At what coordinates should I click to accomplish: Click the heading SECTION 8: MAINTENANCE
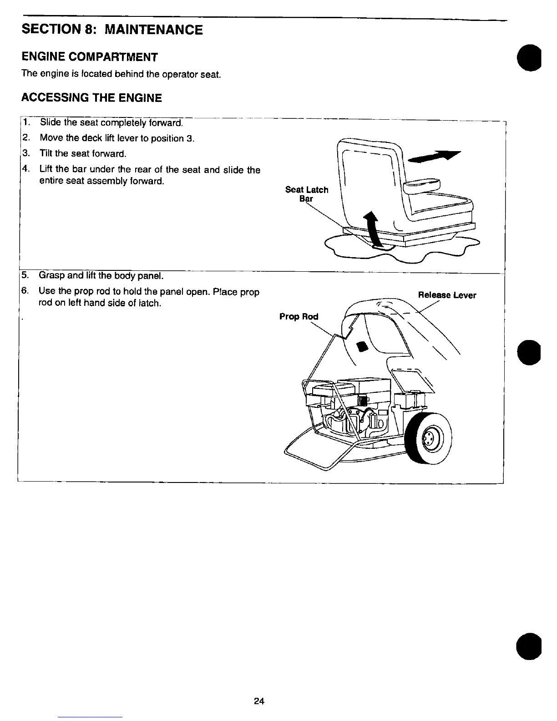coord(112,30)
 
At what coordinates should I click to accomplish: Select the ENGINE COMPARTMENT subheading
coord(90,57)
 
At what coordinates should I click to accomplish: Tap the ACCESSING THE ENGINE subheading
coord(91,98)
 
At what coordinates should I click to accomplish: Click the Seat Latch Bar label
coord(306,194)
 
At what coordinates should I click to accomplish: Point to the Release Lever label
coord(447,295)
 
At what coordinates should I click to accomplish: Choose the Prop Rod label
coord(299,316)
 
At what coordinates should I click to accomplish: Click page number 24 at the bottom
coord(259,701)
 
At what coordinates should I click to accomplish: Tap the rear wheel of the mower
coord(429,438)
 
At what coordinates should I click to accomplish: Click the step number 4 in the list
coord(25,169)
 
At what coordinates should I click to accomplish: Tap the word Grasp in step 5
coord(51,275)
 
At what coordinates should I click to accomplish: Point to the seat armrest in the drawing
coord(423,184)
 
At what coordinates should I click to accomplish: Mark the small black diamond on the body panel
coord(363,347)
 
